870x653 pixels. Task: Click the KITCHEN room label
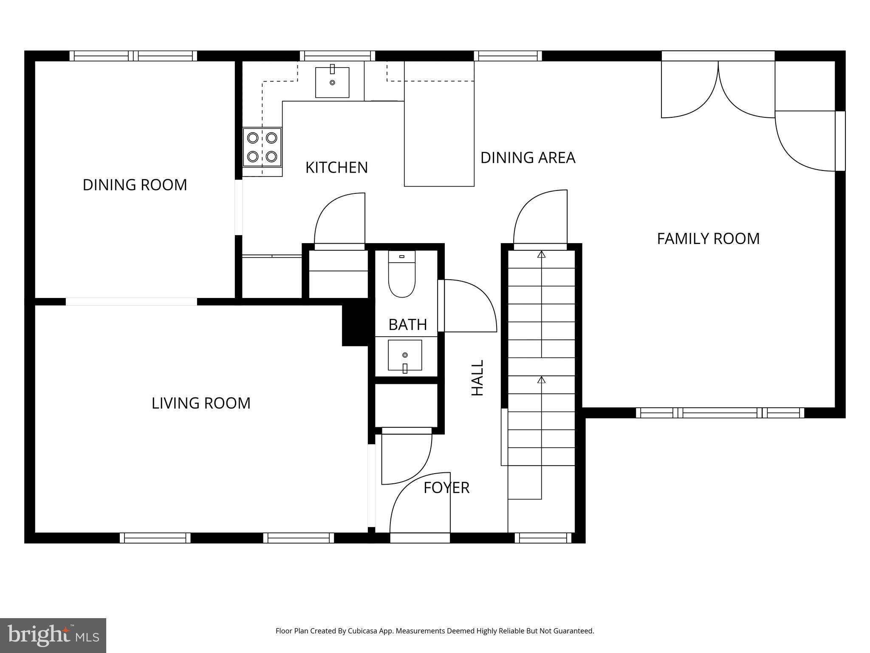click(336, 168)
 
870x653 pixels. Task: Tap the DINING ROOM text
click(135, 185)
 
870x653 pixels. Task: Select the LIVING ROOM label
click(201, 403)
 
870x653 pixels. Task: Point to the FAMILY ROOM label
click(708, 238)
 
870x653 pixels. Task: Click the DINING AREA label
click(528, 158)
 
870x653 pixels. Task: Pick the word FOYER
click(446, 488)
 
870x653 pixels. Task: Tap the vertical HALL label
click(478, 378)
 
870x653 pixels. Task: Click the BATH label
click(407, 325)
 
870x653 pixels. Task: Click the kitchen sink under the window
click(332, 82)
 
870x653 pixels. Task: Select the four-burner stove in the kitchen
click(262, 147)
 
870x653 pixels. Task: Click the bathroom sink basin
click(405, 355)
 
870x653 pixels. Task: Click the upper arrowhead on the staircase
click(541, 254)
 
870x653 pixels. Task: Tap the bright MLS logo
click(53, 635)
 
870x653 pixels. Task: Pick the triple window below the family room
click(720, 413)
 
